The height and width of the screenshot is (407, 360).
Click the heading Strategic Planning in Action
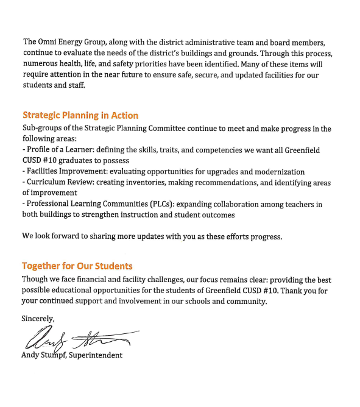click(80, 115)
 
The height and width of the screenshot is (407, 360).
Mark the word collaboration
click(237, 203)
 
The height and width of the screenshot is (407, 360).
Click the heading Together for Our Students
click(77, 266)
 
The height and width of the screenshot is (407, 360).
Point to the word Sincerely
click(38, 318)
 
